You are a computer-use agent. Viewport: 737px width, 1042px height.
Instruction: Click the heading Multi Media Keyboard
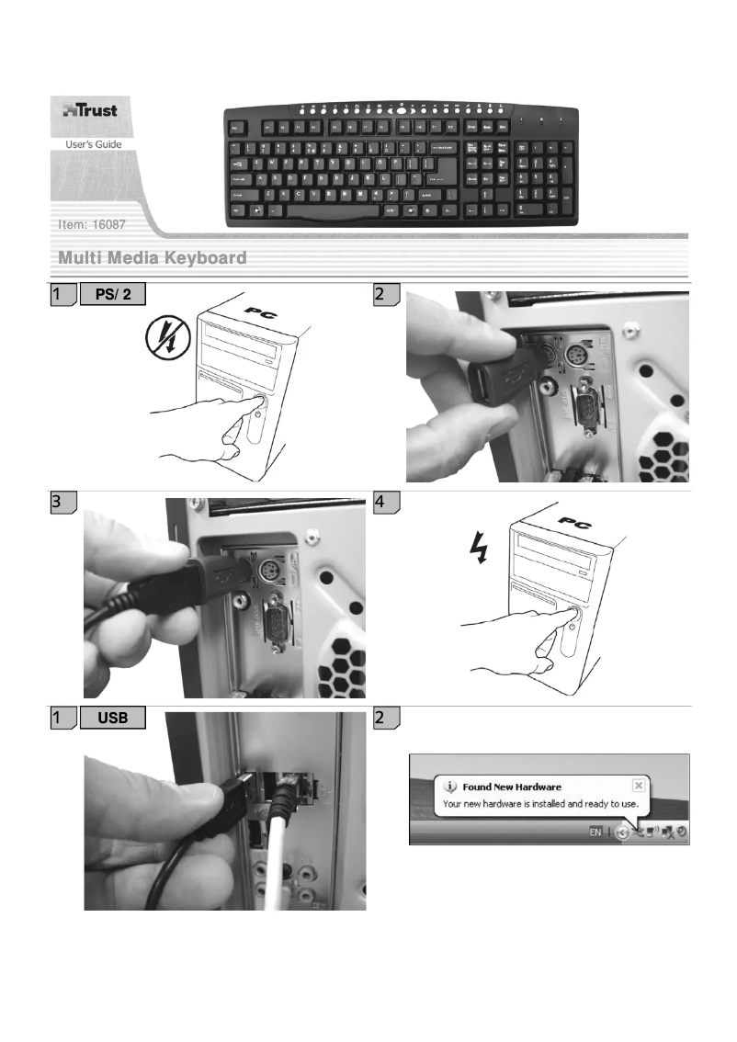click(153, 258)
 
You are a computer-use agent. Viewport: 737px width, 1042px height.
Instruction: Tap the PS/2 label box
click(114, 295)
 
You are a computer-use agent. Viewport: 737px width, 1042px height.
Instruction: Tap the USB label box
click(114, 719)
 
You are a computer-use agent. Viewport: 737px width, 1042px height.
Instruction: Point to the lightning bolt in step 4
click(478, 549)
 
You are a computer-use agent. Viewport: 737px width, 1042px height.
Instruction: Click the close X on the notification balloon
click(638, 787)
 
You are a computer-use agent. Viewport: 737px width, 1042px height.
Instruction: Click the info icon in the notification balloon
click(450, 787)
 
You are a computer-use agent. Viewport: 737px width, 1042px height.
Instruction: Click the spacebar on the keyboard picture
click(325, 211)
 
